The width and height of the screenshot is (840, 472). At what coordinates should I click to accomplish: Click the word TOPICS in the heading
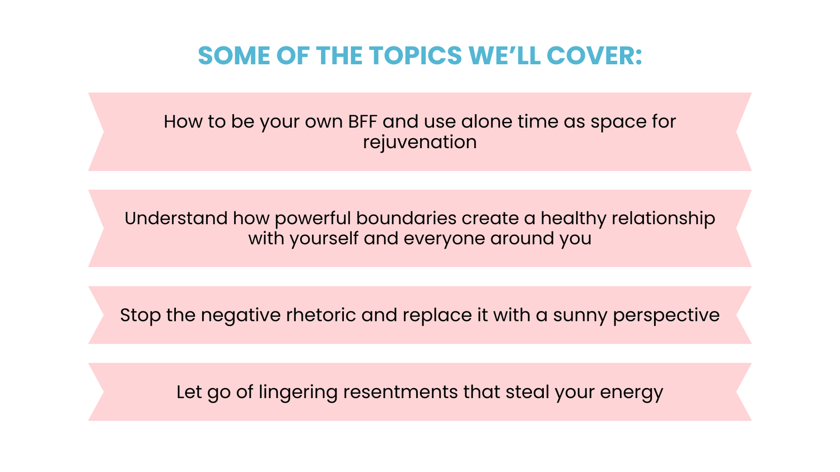click(x=416, y=56)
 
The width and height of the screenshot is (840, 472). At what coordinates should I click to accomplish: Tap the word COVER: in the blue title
click(x=594, y=56)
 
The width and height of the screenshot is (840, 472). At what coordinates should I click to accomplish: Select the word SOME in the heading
click(x=234, y=56)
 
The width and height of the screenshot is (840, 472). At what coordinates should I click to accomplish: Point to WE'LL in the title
click(x=505, y=56)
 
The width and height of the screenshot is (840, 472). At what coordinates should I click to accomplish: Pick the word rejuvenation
click(x=419, y=143)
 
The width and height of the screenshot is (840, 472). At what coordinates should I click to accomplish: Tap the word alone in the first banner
click(x=487, y=122)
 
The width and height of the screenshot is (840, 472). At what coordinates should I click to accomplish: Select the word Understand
click(x=176, y=219)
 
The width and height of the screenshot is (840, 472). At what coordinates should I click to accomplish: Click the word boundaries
click(x=406, y=219)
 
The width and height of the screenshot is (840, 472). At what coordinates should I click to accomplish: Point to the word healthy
click(x=573, y=219)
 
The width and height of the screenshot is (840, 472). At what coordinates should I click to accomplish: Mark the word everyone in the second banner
click(x=444, y=239)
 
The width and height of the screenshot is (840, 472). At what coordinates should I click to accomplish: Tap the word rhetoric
click(x=321, y=315)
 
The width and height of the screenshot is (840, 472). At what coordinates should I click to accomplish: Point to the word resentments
click(x=400, y=392)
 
